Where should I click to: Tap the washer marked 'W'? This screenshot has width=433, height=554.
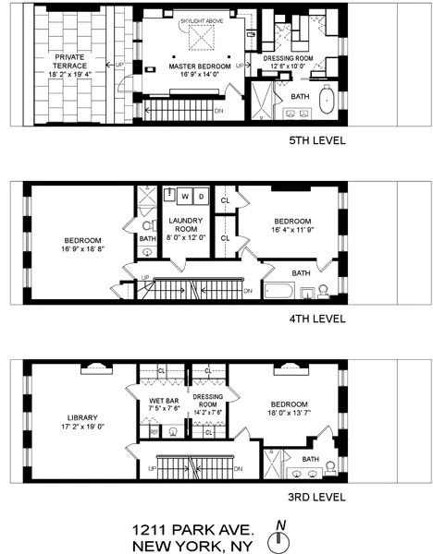click(185, 196)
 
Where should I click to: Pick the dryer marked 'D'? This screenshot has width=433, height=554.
click(200, 196)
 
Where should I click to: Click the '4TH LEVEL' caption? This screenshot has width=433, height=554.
click(316, 319)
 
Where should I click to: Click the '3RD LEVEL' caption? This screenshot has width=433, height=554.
click(316, 498)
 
